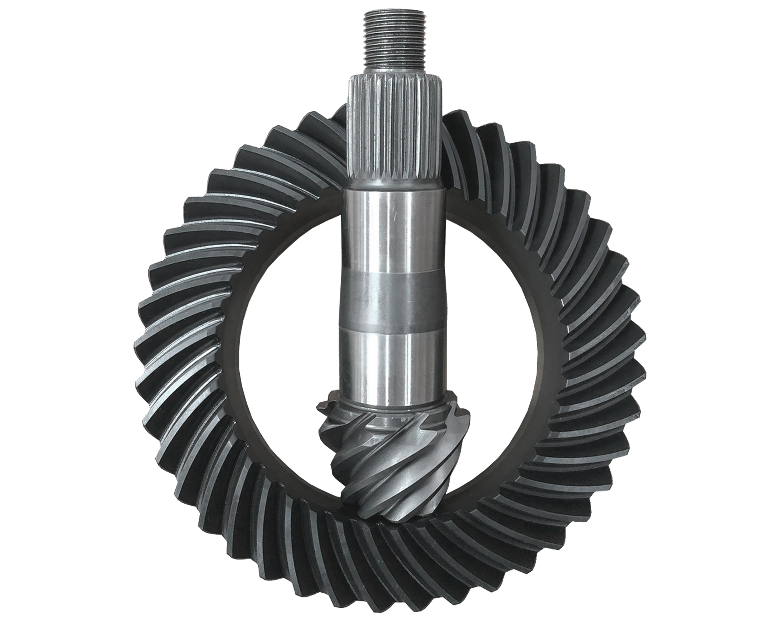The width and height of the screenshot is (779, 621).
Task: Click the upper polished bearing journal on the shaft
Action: (394, 232)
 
